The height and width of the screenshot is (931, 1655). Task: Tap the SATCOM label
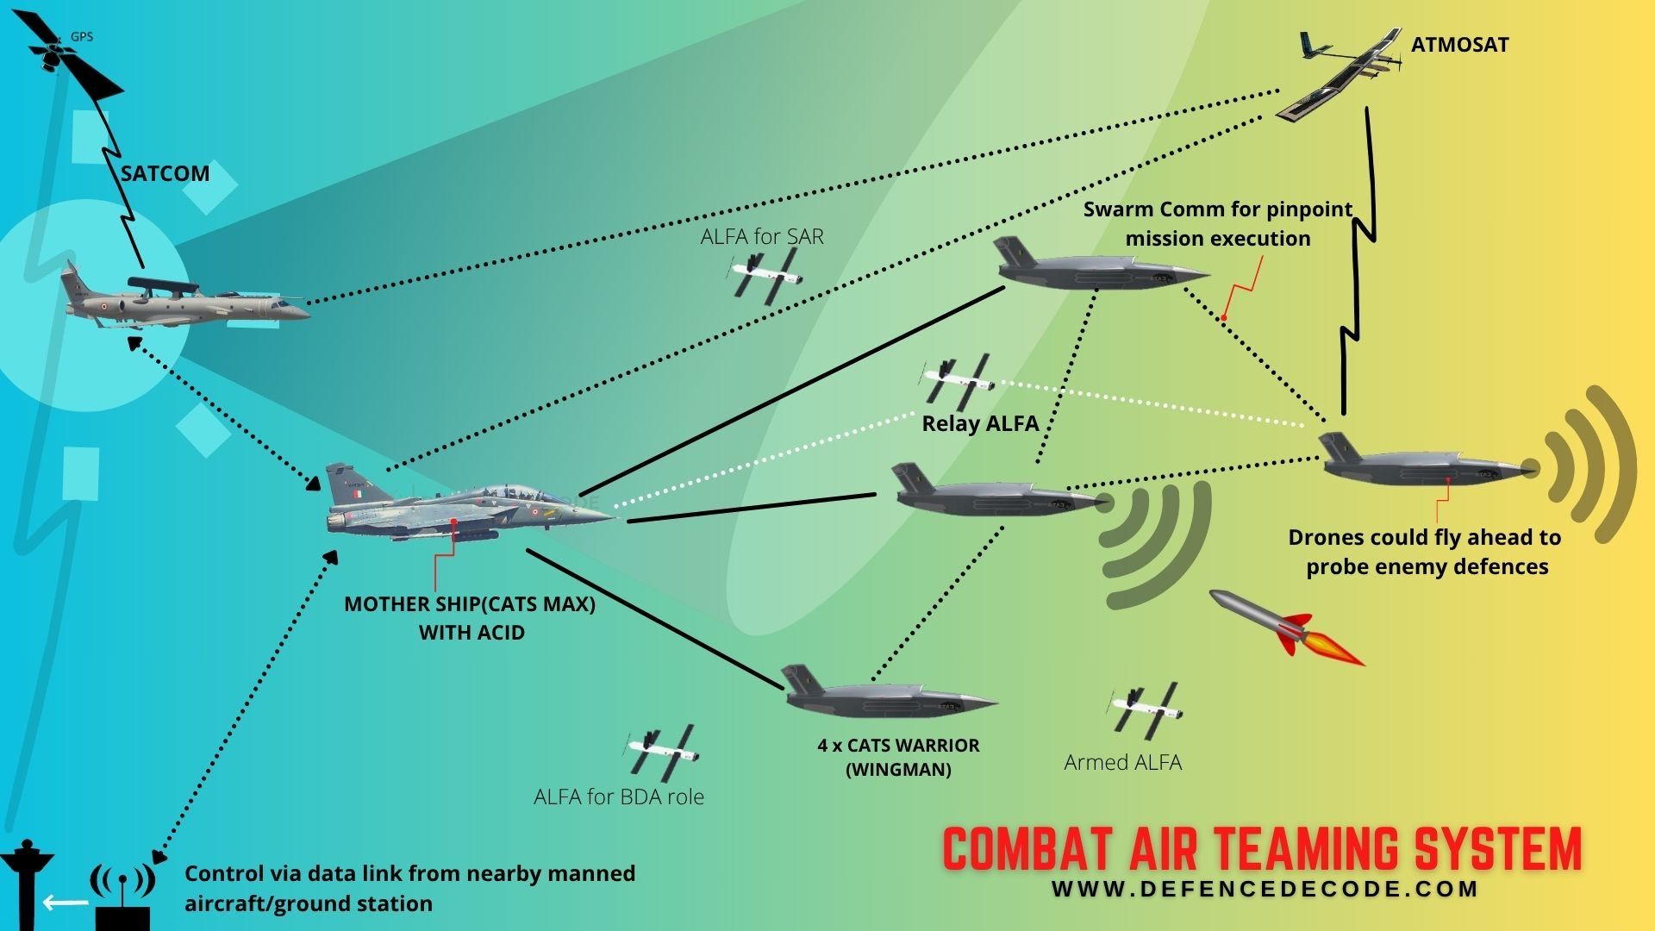click(165, 173)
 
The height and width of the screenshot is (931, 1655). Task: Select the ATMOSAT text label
click(1459, 45)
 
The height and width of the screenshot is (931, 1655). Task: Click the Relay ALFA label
click(980, 423)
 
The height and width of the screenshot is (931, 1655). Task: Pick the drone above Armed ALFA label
click(1145, 709)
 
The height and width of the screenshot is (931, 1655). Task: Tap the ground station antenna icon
click(122, 897)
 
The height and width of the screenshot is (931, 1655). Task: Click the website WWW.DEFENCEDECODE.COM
click(1265, 890)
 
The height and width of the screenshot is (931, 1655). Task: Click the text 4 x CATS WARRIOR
click(898, 746)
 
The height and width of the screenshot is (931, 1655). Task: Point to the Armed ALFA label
click(1122, 762)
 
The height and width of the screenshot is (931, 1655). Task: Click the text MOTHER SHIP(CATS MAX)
click(470, 603)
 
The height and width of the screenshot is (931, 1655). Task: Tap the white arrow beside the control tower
click(66, 903)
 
